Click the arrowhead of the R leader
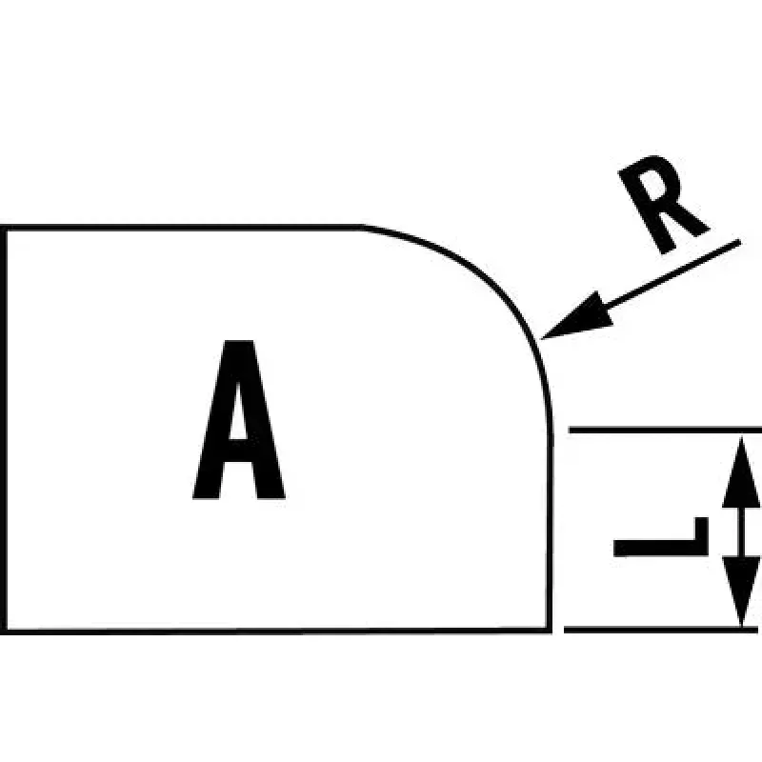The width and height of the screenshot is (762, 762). [x=578, y=317]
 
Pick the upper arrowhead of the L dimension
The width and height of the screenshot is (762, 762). [x=741, y=473]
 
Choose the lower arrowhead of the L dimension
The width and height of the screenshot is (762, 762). [x=741, y=591]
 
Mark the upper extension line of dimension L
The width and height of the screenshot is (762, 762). [x=665, y=431]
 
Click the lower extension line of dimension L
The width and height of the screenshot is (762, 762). [x=661, y=631]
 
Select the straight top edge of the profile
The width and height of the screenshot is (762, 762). [x=182, y=227]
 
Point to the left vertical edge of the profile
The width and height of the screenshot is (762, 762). [x=4, y=430]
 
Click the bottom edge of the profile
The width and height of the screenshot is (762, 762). [x=276, y=631]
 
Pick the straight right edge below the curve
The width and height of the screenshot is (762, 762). [x=550, y=531]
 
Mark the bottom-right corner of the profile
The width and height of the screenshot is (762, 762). [x=550, y=631]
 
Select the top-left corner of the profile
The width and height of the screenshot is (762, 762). [x=4, y=228]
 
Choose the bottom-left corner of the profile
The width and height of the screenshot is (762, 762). [x=4, y=631]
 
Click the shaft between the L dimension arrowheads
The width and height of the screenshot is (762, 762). [x=741, y=532]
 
